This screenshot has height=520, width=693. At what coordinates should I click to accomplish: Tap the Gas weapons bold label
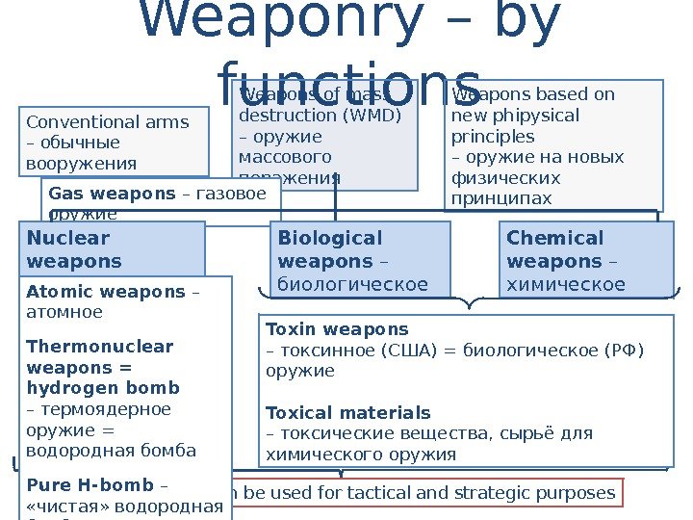point(105,194)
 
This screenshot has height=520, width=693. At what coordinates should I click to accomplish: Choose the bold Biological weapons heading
point(329,249)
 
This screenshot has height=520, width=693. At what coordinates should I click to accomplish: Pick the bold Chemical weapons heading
point(554,249)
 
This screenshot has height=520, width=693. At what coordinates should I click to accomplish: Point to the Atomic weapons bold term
point(107,292)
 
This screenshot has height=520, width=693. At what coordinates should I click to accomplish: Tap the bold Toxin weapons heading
point(337,328)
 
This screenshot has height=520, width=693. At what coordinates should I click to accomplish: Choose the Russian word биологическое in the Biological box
point(352,284)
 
